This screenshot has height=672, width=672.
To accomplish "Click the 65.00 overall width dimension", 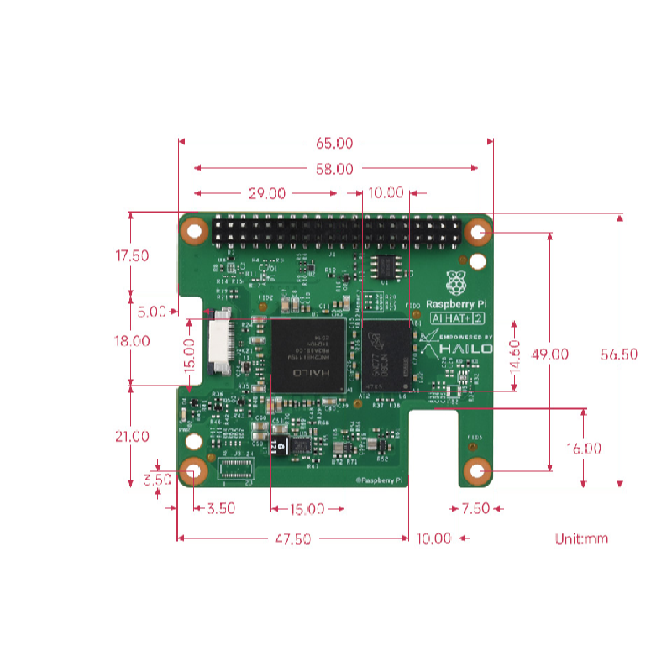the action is (x=335, y=143).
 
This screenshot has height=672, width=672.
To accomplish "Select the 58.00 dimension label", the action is (x=335, y=169).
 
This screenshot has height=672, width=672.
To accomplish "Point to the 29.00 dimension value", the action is (x=266, y=193).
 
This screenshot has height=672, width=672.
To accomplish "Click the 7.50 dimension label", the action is (x=476, y=508).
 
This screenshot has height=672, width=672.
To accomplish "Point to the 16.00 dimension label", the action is (x=583, y=449).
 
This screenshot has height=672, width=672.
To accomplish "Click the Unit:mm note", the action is (x=581, y=538).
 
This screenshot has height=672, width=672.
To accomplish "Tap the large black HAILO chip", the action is (x=308, y=354).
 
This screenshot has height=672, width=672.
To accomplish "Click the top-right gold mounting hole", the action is (x=478, y=232).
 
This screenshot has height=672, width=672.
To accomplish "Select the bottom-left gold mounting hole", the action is (x=193, y=472).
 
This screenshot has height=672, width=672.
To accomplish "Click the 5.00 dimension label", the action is (x=152, y=312).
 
